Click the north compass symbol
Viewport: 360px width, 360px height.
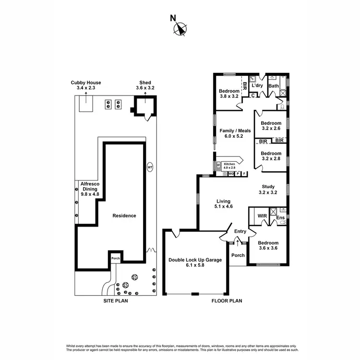(180, 29)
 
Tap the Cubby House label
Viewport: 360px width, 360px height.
(86, 85)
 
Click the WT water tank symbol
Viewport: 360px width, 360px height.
(150, 168)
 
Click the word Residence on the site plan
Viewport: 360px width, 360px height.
(124, 216)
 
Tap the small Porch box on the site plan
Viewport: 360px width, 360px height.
(115, 258)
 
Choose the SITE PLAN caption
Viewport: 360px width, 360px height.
(116, 301)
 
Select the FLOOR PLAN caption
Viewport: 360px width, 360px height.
(227, 301)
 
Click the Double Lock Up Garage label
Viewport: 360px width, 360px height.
(195, 263)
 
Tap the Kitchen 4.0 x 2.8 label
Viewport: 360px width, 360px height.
(229, 166)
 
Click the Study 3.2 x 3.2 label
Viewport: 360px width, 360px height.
(268, 190)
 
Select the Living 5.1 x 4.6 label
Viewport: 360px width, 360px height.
(223, 204)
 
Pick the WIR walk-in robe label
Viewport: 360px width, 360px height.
(262, 216)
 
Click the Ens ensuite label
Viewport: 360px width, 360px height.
(280, 217)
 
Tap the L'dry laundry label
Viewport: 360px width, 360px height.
(258, 86)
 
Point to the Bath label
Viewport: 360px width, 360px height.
(274, 86)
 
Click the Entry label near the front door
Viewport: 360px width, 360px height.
(240, 231)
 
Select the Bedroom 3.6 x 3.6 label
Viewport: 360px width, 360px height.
(268, 246)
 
